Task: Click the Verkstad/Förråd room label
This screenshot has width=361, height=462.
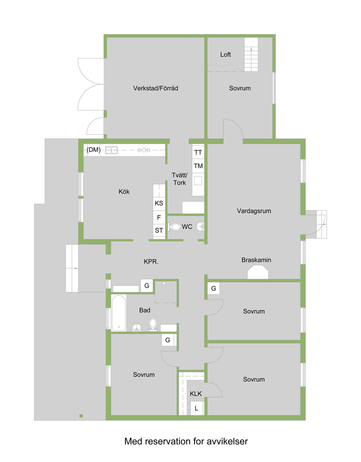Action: [156, 88]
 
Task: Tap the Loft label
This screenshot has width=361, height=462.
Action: [225, 55]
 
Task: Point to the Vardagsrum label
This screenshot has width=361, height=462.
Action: [254, 211]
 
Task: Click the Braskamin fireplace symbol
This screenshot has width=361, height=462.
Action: [258, 272]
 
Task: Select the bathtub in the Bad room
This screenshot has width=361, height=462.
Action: [119, 313]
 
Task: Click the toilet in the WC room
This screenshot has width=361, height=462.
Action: [174, 227]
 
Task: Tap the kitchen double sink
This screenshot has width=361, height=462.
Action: [111, 150]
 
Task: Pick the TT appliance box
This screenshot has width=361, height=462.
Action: [198, 152]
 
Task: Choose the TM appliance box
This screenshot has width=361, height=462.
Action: [198, 166]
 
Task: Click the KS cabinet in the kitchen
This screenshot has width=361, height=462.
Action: [159, 203]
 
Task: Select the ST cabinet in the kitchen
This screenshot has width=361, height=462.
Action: [159, 230]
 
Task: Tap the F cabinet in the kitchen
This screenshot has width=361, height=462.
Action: [159, 217]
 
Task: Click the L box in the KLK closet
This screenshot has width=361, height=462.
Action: [196, 408]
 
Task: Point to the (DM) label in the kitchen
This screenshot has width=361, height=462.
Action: [94, 150]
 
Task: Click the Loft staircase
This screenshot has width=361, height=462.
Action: [251, 55]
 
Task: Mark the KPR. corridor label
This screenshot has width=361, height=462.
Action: [151, 261]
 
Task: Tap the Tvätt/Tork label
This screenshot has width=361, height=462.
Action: [179, 179]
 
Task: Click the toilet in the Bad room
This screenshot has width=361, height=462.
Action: [153, 325]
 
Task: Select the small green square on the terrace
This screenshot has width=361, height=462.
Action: [81, 416]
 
